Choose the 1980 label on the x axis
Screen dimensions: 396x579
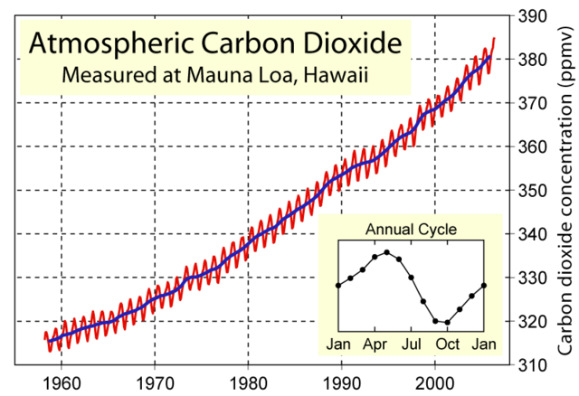[249, 381]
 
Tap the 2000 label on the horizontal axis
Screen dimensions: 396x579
[435, 381]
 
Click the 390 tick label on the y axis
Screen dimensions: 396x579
[531, 16]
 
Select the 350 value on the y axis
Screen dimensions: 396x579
[531, 191]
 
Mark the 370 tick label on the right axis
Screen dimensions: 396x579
[531, 103]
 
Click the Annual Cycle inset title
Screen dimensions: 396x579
[410, 229]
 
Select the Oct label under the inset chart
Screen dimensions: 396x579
[448, 344]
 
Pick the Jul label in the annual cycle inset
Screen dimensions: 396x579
[412, 344]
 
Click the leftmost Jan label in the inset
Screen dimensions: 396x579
[338, 344]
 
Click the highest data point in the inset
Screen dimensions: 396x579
[386, 252]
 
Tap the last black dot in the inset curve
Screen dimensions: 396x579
[484, 286]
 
